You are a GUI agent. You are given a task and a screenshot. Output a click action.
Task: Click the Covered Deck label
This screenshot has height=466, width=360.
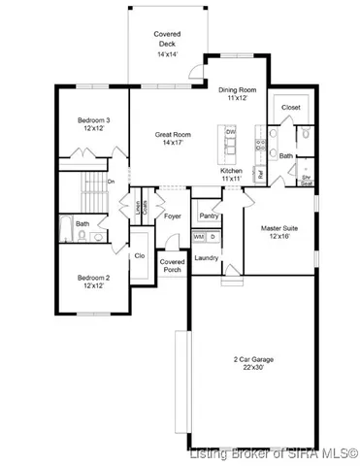(x=167, y=39)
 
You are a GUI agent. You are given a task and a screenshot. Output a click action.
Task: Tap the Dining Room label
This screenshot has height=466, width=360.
(x=235, y=88)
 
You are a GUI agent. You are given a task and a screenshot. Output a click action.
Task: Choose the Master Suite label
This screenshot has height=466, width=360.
(x=279, y=228)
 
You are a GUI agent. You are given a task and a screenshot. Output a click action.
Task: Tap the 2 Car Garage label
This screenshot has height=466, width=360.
(x=250, y=358)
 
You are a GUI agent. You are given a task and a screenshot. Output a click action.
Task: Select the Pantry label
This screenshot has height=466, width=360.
(x=209, y=216)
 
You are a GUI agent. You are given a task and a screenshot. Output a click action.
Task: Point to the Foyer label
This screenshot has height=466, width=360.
(x=173, y=216)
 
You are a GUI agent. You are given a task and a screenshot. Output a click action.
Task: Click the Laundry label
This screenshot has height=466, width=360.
(x=206, y=257)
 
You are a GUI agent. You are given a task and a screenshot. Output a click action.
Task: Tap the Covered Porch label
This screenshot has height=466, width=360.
(x=173, y=265)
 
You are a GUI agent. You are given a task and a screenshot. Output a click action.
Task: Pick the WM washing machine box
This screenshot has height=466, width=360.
(x=198, y=236)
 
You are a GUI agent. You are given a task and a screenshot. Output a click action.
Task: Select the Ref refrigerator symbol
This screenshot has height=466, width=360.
(x=261, y=174)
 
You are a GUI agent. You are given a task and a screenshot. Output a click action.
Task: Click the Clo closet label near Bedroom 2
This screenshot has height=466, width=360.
(x=140, y=256)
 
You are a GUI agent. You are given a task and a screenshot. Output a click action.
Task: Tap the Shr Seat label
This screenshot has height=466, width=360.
(x=306, y=180)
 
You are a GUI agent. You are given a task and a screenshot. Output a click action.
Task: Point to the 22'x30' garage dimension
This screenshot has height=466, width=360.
(x=250, y=367)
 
